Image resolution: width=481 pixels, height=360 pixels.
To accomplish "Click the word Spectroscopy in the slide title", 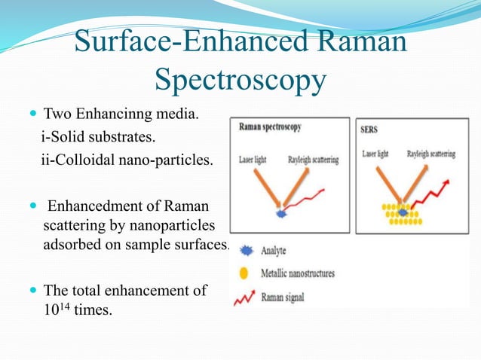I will point(240,79).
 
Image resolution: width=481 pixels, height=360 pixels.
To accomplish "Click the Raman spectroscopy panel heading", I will point(270,127).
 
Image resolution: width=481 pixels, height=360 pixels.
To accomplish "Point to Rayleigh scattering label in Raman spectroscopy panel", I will point(313,160).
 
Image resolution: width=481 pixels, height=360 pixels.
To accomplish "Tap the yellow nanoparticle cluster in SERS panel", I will point(403,218).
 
